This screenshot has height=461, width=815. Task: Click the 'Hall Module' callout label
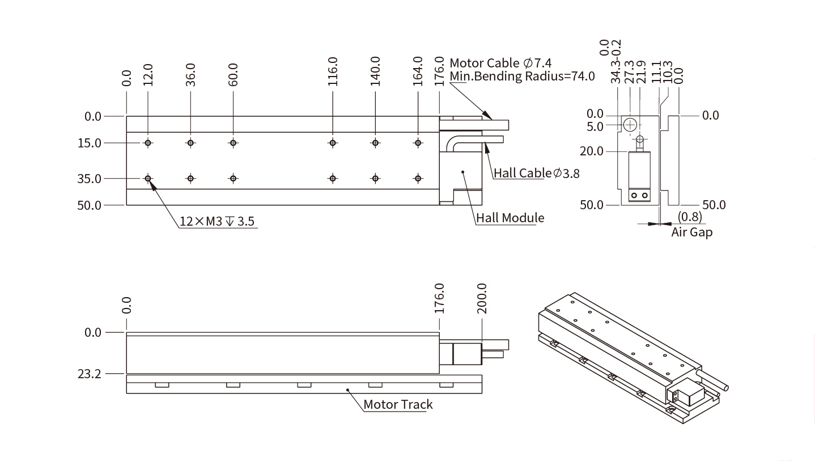pyautogui.click(x=510, y=218)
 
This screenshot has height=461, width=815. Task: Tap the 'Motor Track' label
pyautogui.click(x=398, y=404)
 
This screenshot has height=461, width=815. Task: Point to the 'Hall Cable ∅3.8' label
pyautogui.click(x=536, y=173)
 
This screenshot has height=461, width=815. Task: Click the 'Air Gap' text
pyautogui.click(x=691, y=232)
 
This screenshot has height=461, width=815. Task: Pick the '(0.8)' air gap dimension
pyautogui.click(x=689, y=217)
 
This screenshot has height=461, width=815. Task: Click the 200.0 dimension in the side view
pyautogui.click(x=482, y=298)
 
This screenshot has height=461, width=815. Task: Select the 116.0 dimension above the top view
pyautogui.click(x=333, y=71)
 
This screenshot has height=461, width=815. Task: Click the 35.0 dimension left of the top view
pyautogui.click(x=90, y=179)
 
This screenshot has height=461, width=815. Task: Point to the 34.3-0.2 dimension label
pyautogui.click(x=616, y=62)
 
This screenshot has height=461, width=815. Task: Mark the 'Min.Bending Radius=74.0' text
pyautogui.click(x=522, y=76)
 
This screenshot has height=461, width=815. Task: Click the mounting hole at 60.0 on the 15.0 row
pyautogui.click(x=233, y=143)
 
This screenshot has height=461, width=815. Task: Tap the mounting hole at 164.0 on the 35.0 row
pyautogui.click(x=418, y=179)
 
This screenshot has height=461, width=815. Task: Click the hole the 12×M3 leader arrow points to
pyautogui.click(x=148, y=179)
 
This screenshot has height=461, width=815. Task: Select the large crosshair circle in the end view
pyautogui.click(x=630, y=124)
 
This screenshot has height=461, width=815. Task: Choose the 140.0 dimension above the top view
pyautogui.click(x=375, y=71)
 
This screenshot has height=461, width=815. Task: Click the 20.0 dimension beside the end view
pyautogui.click(x=592, y=151)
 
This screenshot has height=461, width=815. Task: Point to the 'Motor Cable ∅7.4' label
pyautogui.click(x=500, y=62)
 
